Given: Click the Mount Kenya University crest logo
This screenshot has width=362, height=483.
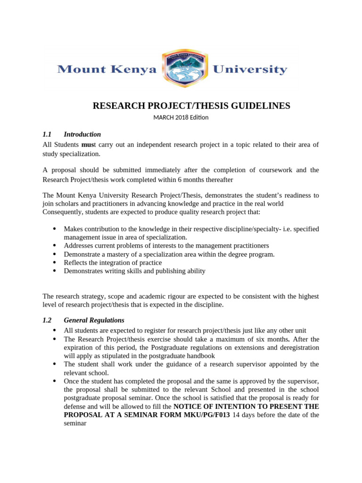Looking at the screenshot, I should click(x=184, y=69).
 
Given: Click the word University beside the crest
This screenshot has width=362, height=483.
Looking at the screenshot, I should click(x=250, y=70).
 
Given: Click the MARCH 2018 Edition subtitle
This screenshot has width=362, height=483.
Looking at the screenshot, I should click(x=181, y=117).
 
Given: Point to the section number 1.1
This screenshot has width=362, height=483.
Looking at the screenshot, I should click(x=47, y=134).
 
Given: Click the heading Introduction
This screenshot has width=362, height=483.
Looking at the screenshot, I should click(x=82, y=134).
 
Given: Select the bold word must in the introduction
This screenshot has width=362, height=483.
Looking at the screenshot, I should click(x=88, y=144).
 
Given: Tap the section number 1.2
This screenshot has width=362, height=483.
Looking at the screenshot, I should click(x=47, y=320).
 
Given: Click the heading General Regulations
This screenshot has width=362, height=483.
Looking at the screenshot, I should click(x=94, y=320).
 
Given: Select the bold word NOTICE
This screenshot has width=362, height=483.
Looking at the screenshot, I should click(x=189, y=407).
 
